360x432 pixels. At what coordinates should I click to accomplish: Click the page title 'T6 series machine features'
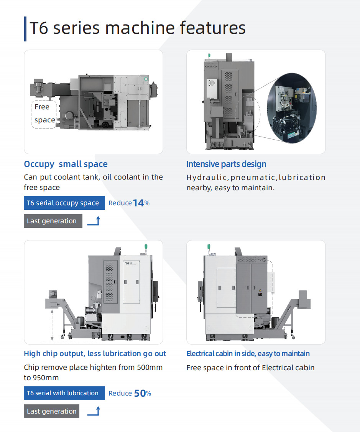(x=137, y=28)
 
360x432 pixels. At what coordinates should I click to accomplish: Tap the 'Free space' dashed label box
(x=44, y=114)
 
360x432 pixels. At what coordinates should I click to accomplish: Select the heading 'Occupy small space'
(x=66, y=164)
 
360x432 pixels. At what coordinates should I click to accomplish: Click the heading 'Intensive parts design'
(x=226, y=164)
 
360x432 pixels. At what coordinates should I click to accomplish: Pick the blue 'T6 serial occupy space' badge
(x=64, y=203)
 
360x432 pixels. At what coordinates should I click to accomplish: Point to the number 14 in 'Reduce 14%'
(x=138, y=203)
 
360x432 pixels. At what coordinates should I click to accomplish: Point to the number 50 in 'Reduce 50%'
(x=140, y=393)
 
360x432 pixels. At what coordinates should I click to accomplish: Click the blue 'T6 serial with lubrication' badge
(x=64, y=393)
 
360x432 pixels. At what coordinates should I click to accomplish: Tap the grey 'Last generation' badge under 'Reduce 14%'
(x=53, y=221)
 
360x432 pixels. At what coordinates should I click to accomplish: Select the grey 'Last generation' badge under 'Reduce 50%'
(x=51, y=411)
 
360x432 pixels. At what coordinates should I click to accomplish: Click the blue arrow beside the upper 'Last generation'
(x=94, y=221)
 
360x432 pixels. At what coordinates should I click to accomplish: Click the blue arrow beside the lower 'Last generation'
(x=94, y=411)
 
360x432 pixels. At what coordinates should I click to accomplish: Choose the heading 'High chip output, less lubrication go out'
(x=95, y=354)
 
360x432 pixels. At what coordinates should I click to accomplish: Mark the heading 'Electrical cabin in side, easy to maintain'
(x=248, y=354)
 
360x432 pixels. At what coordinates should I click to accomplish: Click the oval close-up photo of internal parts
(x=292, y=108)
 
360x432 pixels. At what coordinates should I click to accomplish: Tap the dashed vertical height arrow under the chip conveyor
(x=52, y=325)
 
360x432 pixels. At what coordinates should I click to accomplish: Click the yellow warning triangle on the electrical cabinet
(x=260, y=290)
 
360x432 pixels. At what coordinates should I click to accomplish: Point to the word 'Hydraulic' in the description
(x=207, y=178)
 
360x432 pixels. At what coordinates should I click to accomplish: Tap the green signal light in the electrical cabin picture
(x=209, y=247)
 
